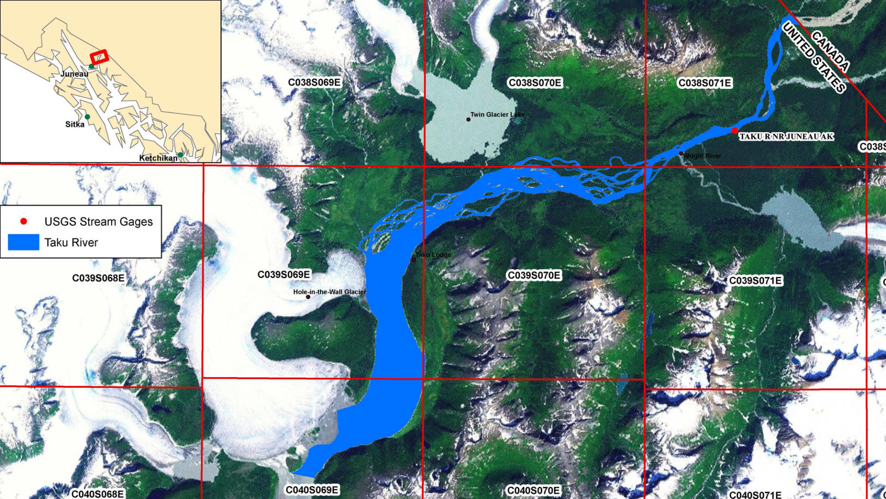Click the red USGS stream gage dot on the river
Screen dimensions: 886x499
click(x=735, y=131)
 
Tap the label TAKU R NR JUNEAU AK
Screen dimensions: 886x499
click(x=786, y=137)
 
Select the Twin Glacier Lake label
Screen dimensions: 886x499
click(x=497, y=115)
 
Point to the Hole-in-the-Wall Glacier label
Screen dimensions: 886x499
click(x=329, y=292)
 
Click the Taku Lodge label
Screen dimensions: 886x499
click(x=433, y=255)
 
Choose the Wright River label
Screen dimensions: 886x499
click(x=702, y=156)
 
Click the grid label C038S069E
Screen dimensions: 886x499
click(x=314, y=83)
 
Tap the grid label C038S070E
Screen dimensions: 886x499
click(x=535, y=83)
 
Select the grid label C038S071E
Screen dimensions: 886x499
click(x=704, y=83)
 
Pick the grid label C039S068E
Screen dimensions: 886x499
click(x=98, y=278)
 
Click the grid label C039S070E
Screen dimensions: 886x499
click(x=534, y=276)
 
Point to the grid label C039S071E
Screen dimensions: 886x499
click(x=755, y=281)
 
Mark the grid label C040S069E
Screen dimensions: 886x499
click(x=312, y=490)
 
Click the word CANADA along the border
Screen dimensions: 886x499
click(x=830, y=51)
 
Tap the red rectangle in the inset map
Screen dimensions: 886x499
click(x=99, y=57)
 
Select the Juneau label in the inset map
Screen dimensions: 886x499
click(x=74, y=74)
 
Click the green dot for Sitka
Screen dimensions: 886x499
click(x=87, y=117)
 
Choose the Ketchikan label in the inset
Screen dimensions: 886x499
click(x=158, y=158)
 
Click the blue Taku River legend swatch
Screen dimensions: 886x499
click(x=24, y=243)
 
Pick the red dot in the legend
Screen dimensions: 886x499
click(x=24, y=222)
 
